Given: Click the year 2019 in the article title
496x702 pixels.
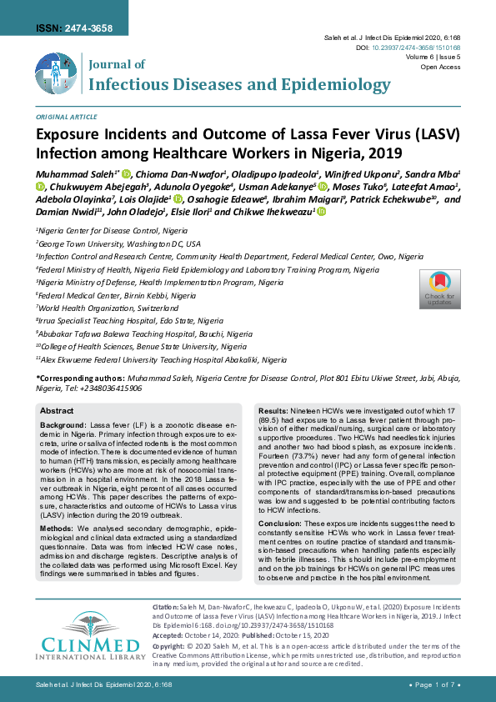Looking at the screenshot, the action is click(x=382, y=153).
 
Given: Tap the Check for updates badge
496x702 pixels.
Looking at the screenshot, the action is click(x=439, y=289).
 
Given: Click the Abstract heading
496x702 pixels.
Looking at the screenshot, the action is click(x=58, y=411).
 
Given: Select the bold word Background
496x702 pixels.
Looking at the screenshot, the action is click(x=63, y=425).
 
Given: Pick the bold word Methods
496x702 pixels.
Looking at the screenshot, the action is click(x=58, y=505).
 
